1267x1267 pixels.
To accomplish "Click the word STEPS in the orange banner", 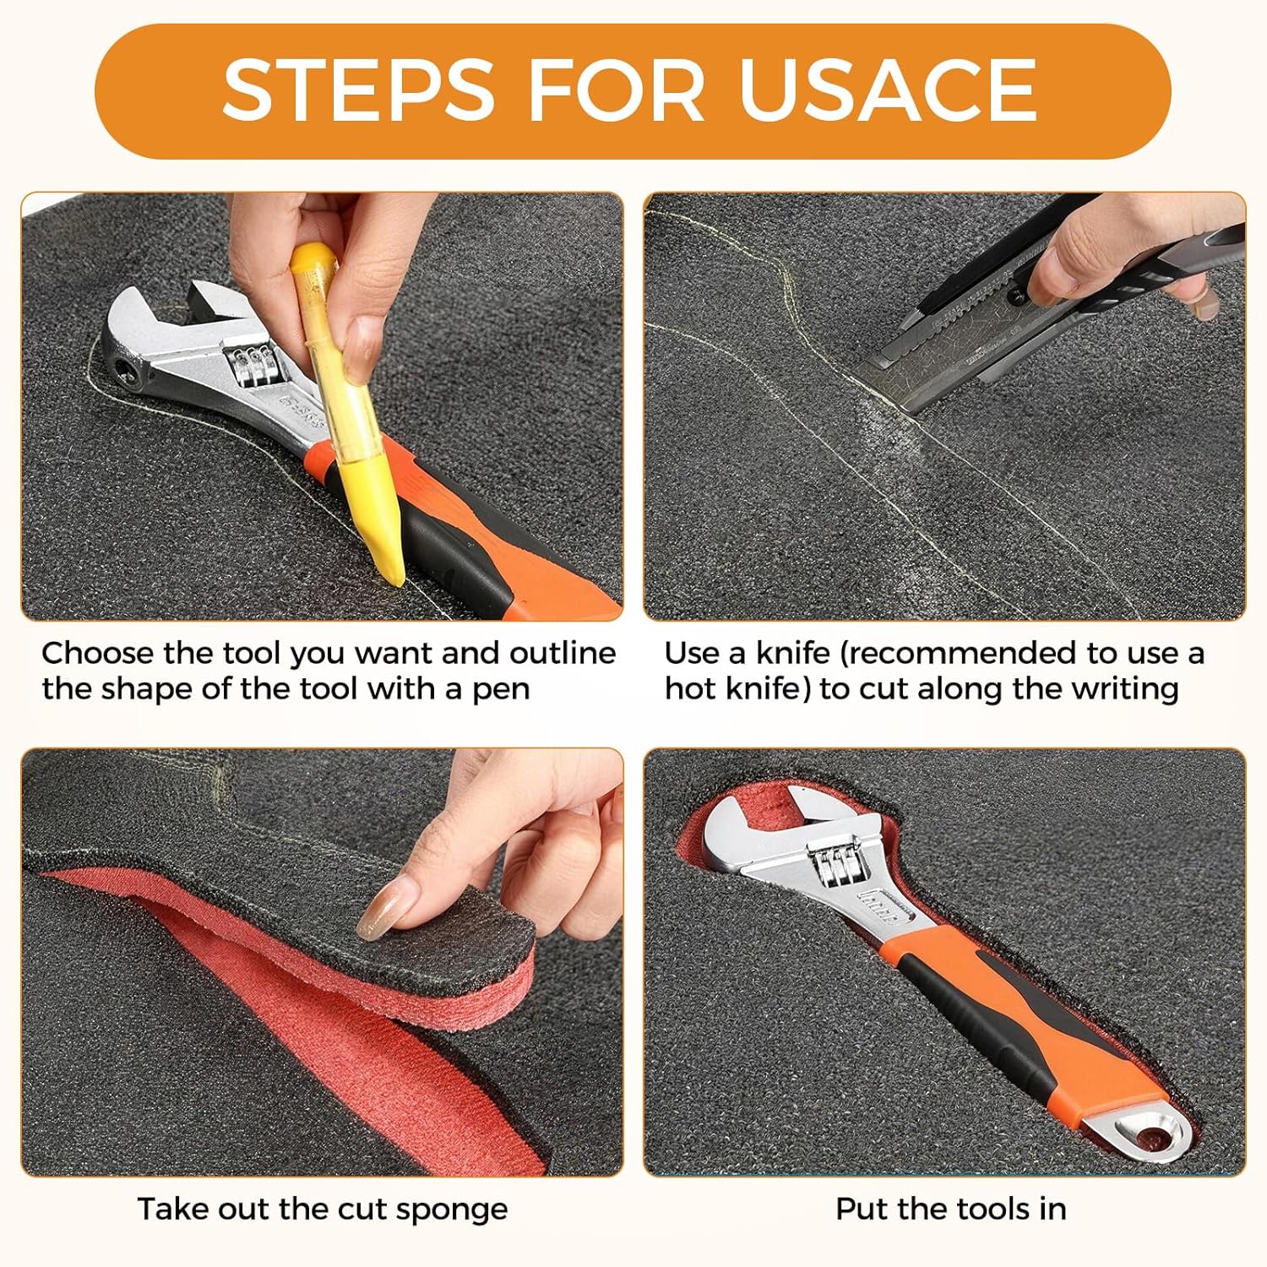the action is click(358, 90).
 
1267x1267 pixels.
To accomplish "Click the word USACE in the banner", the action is click(888, 90).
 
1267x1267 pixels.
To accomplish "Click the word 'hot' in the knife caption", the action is click(689, 689).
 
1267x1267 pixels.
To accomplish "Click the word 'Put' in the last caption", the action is click(861, 1209).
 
